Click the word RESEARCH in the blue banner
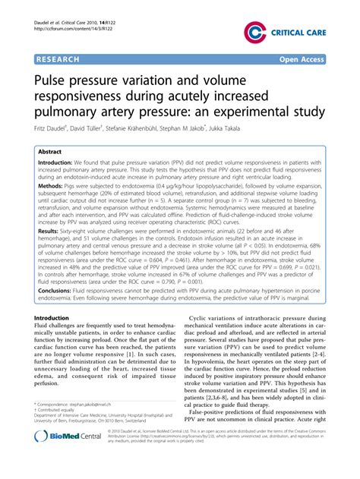[x=62, y=58]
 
